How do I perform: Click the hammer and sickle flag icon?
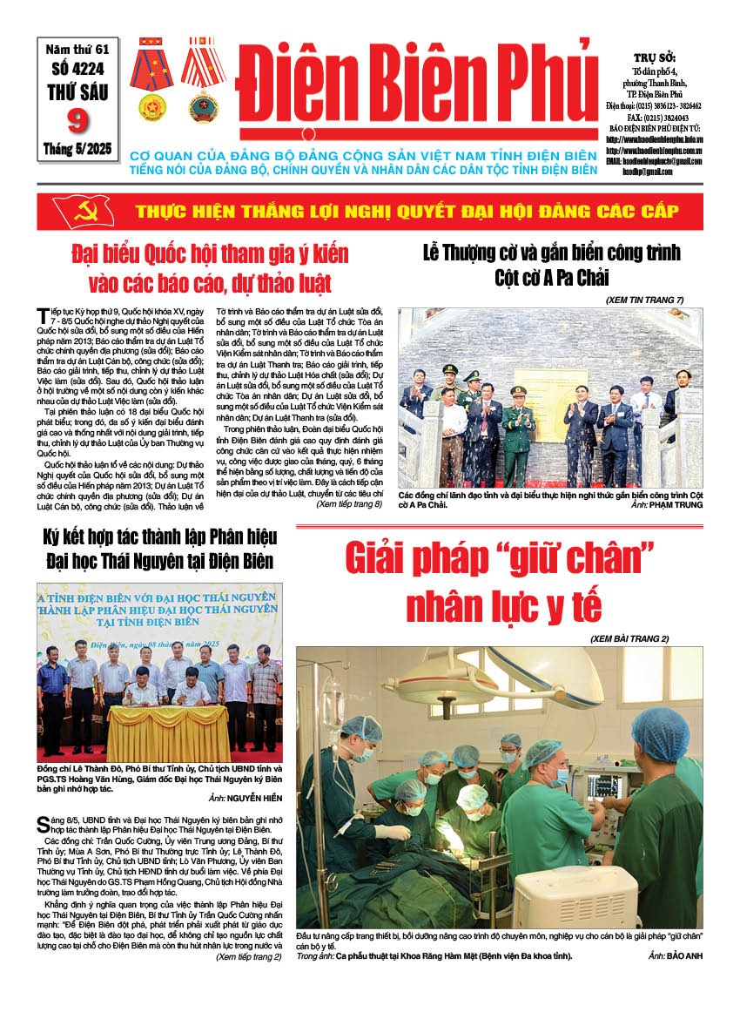(x=73, y=212)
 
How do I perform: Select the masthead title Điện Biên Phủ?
(x=417, y=86)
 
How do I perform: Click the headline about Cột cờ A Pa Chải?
(x=551, y=265)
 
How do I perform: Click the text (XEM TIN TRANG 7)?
(x=644, y=300)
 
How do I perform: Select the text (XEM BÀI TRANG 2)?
(x=629, y=638)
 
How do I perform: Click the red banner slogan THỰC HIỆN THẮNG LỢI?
(x=401, y=212)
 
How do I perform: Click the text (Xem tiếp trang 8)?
(x=348, y=503)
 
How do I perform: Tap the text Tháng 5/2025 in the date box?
(x=77, y=150)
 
